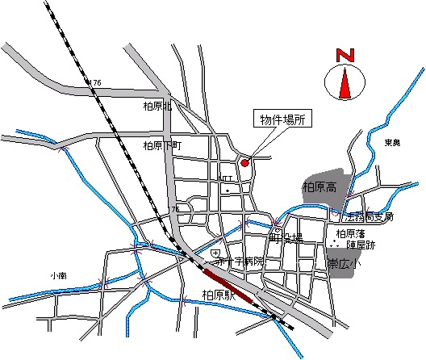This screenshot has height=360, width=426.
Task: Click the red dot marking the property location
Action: click(x=245, y=162)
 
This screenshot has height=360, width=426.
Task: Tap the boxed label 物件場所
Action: click(x=282, y=119)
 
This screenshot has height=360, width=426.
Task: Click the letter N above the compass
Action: click(x=346, y=56)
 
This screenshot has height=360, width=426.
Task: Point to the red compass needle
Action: click(x=345, y=84)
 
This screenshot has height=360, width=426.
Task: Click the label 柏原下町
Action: click(x=162, y=146)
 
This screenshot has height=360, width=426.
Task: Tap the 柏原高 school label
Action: click(x=319, y=187)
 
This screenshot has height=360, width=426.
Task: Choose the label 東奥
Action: click(x=392, y=143)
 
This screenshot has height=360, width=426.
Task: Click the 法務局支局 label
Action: click(x=368, y=217)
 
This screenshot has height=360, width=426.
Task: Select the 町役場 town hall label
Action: click(x=286, y=239)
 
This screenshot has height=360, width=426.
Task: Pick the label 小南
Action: click(x=56, y=275)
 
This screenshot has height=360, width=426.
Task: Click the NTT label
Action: click(x=227, y=180)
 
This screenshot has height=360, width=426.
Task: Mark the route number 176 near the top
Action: click(x=96, y=83)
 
